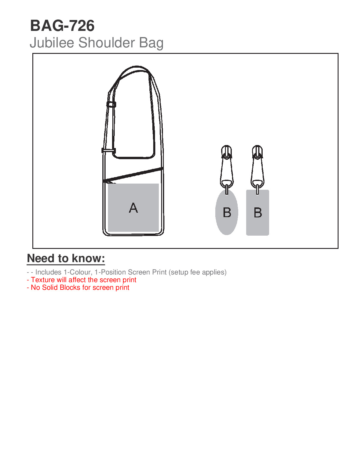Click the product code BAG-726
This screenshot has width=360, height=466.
(x=62, y=26)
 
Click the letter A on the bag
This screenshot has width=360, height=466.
(x=133, y=208)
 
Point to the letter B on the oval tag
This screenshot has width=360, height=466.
(x=227, y=212)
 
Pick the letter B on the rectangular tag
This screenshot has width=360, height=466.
(x=258, y=212)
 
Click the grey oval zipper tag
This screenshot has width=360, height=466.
(x=226, y=224)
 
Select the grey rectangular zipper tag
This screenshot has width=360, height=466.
(x=258, y=227)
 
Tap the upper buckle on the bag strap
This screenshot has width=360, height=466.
(x=111, y=104)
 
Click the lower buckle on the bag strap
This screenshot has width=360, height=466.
(x=109, y=150)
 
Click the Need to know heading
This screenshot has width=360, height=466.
(x=66, y=258)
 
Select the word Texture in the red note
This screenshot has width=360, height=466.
(x=43, y=280)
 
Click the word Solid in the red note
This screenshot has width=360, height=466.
(x=50, y=287)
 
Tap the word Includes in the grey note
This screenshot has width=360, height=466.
(x=48, y=272)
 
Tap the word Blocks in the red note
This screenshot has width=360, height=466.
(x=70, y=287)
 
